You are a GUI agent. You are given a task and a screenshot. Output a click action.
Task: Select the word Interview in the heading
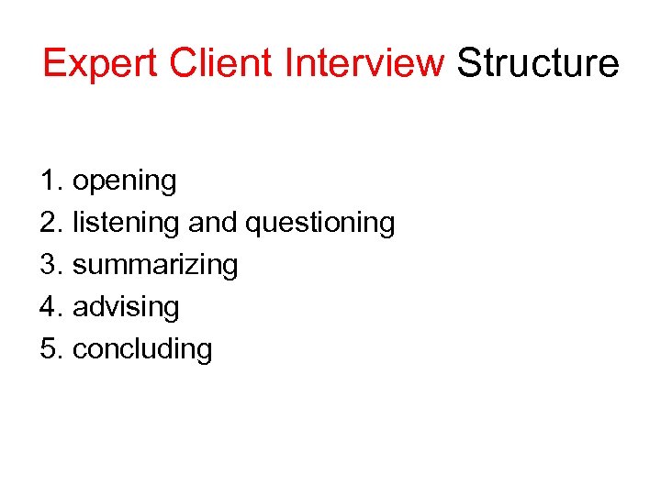click(x=364, y=64)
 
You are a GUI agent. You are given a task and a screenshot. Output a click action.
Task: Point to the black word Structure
click(x=538, y=64)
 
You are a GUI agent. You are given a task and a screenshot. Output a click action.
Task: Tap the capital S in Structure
click(x=468, y=64)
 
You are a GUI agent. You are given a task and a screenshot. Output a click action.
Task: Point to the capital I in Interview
click(x=289, y=64)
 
